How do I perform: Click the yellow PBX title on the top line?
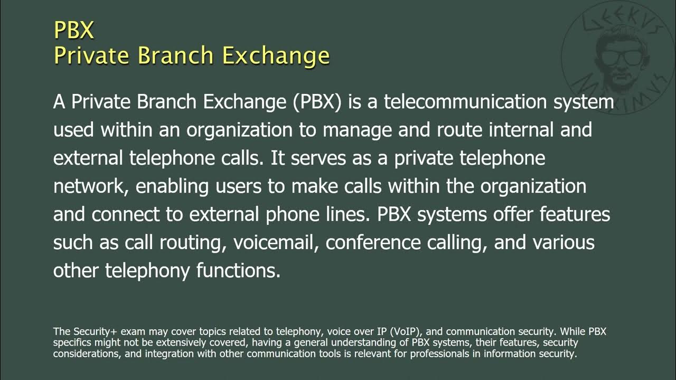coord(73,30)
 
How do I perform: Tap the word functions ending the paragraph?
coord(238,270)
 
